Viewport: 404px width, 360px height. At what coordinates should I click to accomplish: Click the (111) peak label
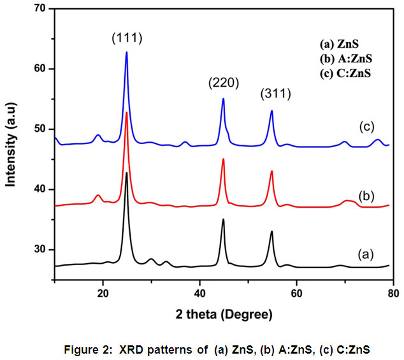coord(126,38)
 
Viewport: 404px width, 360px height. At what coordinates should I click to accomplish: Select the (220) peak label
coord(222,83)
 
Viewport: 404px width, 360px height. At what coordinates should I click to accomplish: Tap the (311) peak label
coord(275,94)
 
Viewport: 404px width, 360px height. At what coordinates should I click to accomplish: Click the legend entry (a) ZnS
coord(340,45)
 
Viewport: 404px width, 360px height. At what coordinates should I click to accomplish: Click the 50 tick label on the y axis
coord(43,129)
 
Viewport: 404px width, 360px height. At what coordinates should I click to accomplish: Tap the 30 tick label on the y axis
coord(43,250)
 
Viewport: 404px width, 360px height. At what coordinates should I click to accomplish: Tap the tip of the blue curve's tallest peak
coord(127,52)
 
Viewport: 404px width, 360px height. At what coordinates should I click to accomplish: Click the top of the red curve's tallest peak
coord(127,113)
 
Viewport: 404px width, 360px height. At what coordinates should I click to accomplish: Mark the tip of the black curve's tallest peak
coord(127,173)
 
